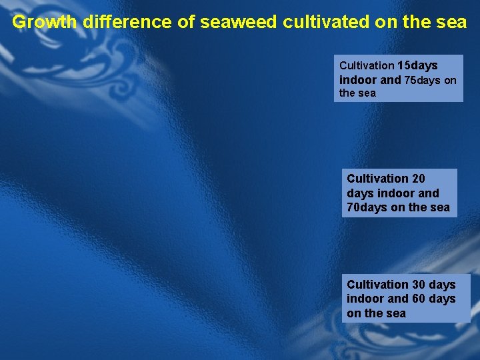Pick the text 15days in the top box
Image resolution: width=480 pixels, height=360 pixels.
(x=417, y=66)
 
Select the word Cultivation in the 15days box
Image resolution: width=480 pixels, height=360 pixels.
(x=367, y=66)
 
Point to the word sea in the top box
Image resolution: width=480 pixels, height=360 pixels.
(x=367, y=93)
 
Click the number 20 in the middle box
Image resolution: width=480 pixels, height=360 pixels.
(x=418, y=179)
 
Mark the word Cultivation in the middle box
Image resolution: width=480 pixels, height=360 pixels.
(x=377, y=179)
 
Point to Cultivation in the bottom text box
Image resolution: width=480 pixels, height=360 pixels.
(x=377, y=285)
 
